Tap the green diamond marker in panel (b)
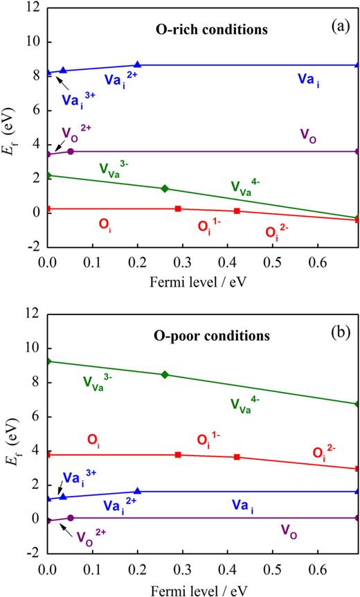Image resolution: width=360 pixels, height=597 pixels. point(165,375)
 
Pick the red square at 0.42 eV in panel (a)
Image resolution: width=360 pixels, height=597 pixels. point(237,211)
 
